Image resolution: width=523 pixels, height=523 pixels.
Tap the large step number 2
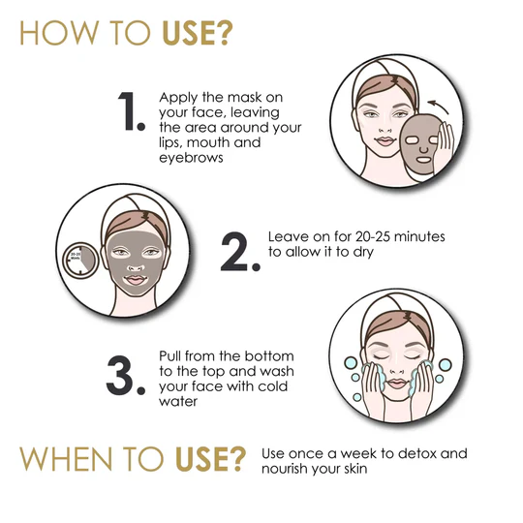pyautogui.click(x=239, y=251)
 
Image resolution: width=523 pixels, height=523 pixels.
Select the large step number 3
pyautogui.click(x=125, y=376)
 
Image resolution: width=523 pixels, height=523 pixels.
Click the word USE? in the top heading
pyautogui.click(x=197, y=33)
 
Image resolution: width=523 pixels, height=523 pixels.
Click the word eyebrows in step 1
pyautogui.click(x=191, y=158)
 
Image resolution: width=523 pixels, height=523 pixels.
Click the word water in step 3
pyautogui.click(x=178, y=401)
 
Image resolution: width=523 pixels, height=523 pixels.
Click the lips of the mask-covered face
pyautogui.click(x=135, y=280)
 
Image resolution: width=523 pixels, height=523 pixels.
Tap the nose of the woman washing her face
pyautogui.click(x=397, y=370)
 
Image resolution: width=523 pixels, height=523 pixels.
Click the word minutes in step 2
pyautogui.click(x=419, y=236)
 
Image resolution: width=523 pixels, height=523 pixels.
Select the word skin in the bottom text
pyautogui.click(x=355, y=469)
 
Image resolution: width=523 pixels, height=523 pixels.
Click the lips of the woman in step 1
pyautogui.click(x=385, y=141)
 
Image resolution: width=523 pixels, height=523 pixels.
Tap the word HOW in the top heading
pyautogui.click(x=59, y=33)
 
